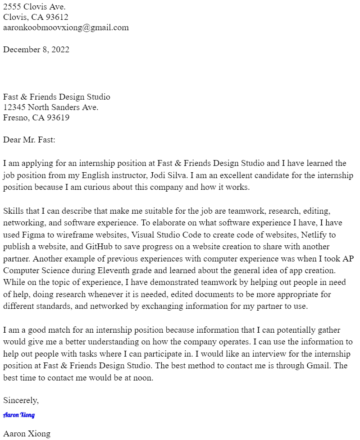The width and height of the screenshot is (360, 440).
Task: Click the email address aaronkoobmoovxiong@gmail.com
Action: point(66,27)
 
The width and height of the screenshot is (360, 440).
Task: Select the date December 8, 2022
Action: point(36,50)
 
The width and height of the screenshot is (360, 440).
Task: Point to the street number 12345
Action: point(14,107)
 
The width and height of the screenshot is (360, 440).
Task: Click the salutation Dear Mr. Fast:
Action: point(29,140)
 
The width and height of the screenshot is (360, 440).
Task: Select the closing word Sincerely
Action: point(20,400)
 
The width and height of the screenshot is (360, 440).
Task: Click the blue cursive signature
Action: point(19,415)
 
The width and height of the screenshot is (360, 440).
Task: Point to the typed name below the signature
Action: point(27,434)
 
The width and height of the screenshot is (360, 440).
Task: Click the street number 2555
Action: point(12,6)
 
